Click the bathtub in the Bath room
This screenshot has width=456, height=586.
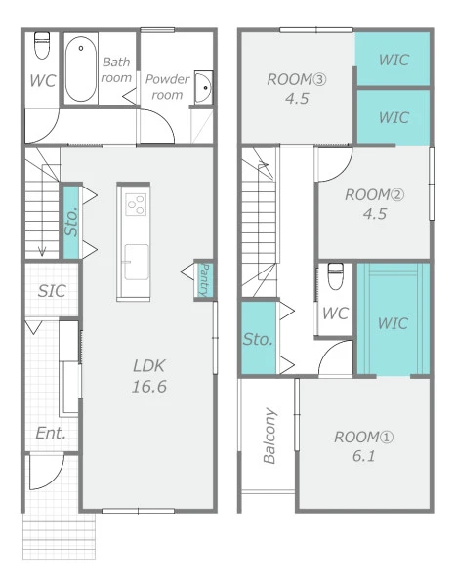(x=81, y=68)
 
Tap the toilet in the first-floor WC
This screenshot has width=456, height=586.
(x=42, y=46)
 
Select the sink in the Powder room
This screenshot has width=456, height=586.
(x=203, y=88)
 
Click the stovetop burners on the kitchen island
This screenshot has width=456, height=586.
(x=136, y=204)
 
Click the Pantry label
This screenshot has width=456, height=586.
(x=204, y=280)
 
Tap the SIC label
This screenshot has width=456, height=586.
(x=52, y=291)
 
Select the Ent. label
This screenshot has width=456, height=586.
(x=51, y=433)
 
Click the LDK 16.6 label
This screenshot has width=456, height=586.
(x=149, y=376)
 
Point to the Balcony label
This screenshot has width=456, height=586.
(x=269, y=436)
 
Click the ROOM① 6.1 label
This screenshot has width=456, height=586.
(x=363, y=446)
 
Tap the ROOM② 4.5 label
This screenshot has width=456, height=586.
(x=375, y=204)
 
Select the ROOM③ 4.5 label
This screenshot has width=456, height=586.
(x=297, y=89)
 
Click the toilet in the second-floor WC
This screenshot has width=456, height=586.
(x=336, y=275)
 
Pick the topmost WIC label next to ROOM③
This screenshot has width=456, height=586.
(x=394, y=60)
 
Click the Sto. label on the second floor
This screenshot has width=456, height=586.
(x=258, y=339)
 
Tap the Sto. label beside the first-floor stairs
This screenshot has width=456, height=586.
(x=71, y=222)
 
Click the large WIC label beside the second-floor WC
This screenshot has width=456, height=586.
(x=393, y=323)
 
